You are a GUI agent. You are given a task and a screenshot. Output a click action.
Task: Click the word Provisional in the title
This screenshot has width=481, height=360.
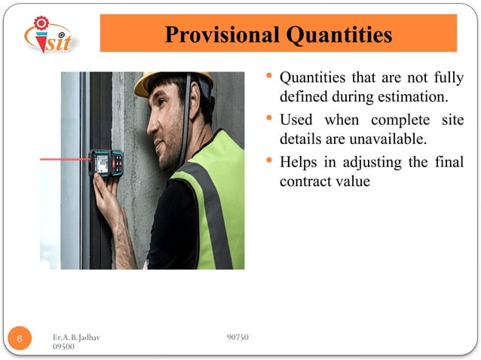tap(219, 35)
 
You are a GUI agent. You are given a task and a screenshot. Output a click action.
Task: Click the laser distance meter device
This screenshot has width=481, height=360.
tap(106, 161)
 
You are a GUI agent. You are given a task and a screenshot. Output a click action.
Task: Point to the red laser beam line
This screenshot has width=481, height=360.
tap(64, 159)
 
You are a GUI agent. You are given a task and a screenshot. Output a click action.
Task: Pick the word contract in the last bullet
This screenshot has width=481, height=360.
tap(304, 182)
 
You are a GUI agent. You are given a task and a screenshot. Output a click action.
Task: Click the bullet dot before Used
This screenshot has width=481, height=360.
tap(271, 119)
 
